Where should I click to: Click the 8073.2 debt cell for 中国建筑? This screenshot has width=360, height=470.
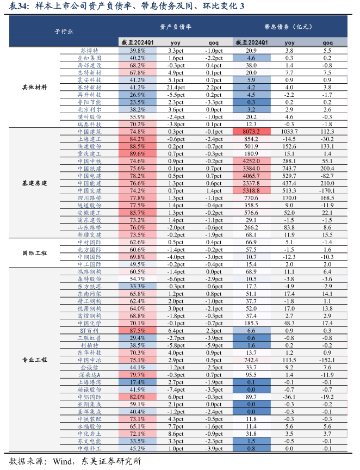[x=251, y=132]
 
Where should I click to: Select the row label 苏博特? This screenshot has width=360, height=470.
[x=89, y=51]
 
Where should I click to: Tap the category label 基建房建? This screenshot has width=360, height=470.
[x=34, y=183]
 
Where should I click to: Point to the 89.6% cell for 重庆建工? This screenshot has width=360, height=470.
[x=138, y=154]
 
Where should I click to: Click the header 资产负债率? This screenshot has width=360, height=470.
[x=176, y=27]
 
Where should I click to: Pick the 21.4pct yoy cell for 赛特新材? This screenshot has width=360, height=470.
[x=176, y=88]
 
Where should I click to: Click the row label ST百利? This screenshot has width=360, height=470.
[x=89, y=331]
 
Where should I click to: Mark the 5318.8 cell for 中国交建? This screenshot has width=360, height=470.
[x=251, y=190]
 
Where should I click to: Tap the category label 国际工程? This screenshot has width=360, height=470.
[x=34, y=253]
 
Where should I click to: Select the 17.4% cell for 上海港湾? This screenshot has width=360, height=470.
[x=138, y=382]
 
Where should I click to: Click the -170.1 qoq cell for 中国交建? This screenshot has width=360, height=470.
[x=327, y=190]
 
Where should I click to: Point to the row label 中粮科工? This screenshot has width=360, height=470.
[x=89, y=448]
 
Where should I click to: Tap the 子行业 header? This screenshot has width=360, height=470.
[x=64, y=32]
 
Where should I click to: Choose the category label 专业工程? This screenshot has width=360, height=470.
[x=34, y=360]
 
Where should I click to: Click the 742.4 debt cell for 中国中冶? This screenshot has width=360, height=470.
[x=251, y=360]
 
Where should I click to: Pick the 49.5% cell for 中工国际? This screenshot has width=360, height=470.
[x=138, y=264]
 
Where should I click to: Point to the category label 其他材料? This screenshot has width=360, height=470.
[x=34, y=88]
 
